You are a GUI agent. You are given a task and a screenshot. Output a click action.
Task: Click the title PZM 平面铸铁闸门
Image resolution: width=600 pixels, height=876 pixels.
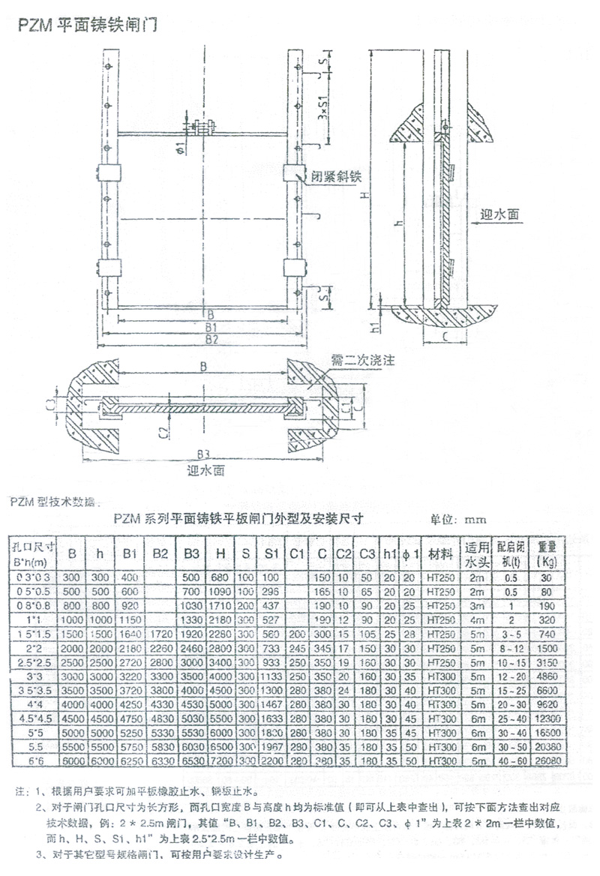88,25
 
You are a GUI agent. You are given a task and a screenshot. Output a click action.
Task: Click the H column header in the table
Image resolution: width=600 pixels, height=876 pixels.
220,553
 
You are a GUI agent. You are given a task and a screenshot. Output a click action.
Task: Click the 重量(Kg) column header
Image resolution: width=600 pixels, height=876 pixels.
546,553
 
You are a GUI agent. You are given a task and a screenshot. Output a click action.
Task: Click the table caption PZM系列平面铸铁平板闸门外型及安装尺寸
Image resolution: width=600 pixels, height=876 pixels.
238,517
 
